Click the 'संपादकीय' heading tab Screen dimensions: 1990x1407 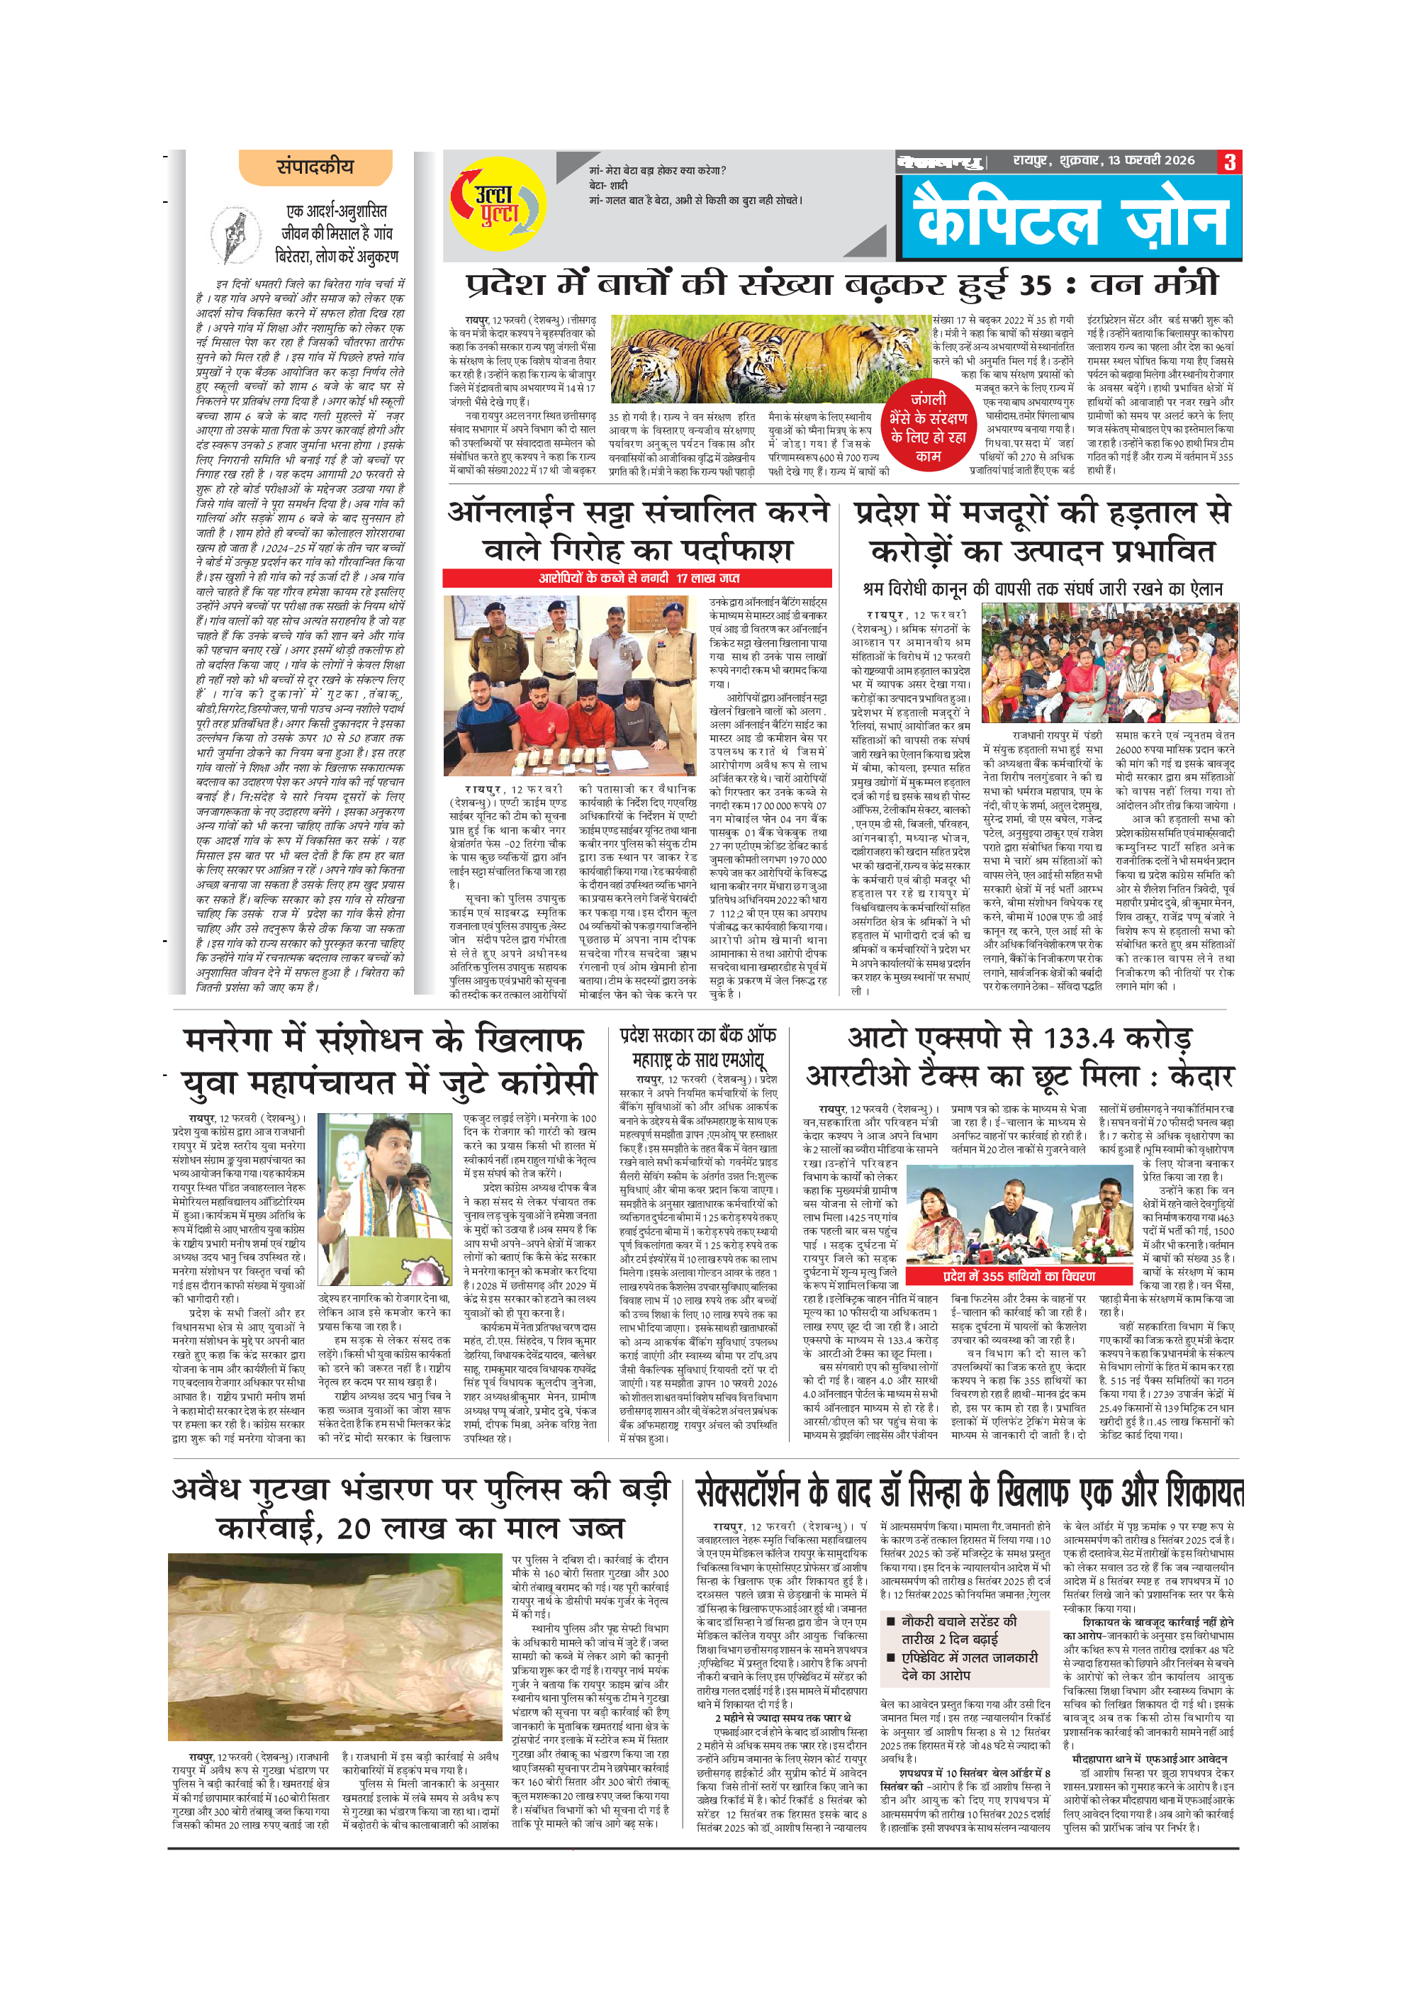click(x=315, y=167)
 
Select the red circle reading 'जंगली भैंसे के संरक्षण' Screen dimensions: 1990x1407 click(x=928, y=427)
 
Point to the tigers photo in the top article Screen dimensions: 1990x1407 click(x=769, y=358)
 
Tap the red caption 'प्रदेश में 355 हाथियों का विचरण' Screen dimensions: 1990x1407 click(x=1019, y=1276)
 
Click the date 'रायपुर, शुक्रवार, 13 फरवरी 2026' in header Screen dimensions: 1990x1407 click(x=1104, y=161)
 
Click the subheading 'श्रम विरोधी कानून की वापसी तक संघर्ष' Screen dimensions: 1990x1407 click(x=1042, y=588)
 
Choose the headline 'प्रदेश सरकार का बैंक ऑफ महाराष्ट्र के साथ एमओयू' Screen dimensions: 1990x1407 click(x=697, y=1047)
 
